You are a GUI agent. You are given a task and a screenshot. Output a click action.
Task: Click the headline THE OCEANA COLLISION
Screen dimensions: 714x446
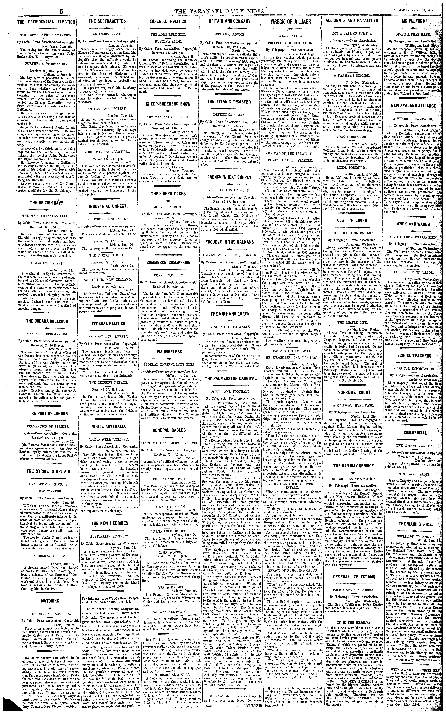pyautogui.click(x=47, y=321)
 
